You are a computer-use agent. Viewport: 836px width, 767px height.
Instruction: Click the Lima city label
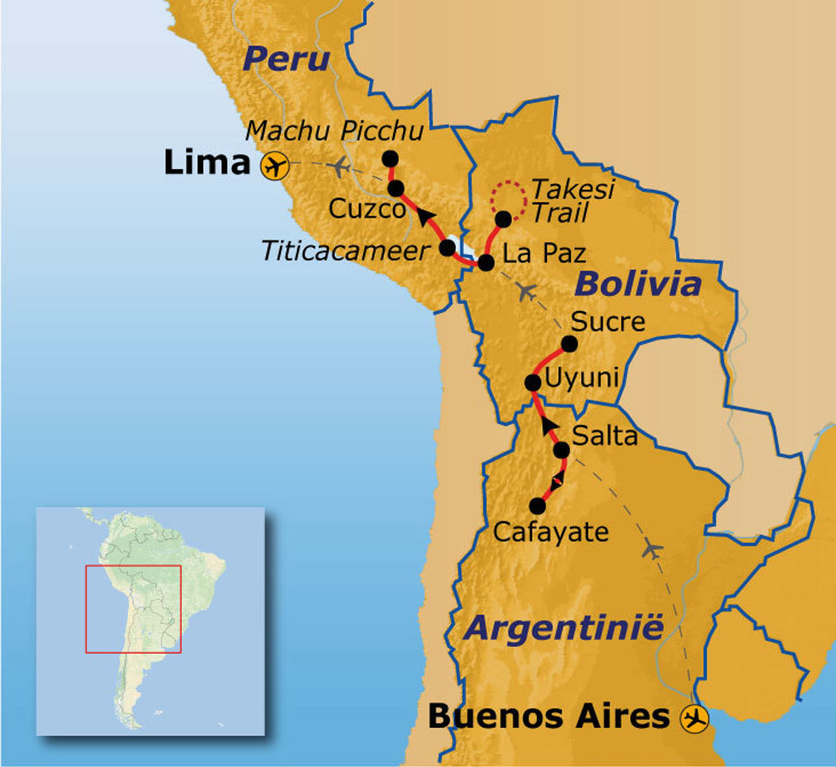coord(206,163)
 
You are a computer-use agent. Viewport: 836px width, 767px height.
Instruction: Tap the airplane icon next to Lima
coord(275,166)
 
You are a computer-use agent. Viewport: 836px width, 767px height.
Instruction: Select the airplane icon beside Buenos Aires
coord(696,718)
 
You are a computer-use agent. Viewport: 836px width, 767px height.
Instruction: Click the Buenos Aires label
coord(549,716)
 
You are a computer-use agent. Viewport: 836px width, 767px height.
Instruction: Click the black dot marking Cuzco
coord(396,188)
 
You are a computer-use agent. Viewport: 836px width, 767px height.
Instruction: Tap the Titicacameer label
coord(345,250)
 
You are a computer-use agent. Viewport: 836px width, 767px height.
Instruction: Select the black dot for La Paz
coord(485,263)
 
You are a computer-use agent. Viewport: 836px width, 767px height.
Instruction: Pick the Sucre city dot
coord(570,344)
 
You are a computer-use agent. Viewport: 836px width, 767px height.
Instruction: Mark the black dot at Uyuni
coord(532,382)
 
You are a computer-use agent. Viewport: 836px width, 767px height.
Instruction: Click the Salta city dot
coord(561,450)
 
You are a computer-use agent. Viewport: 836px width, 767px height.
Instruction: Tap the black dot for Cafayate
coord(538,505)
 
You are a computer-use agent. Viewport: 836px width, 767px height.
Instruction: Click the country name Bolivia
coord(638,284)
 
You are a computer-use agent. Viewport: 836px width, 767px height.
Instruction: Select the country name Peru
coord(287,59)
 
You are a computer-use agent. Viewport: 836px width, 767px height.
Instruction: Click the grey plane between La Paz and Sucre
coord(527,290)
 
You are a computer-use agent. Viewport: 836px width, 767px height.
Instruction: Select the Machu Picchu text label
coord(335,131)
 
